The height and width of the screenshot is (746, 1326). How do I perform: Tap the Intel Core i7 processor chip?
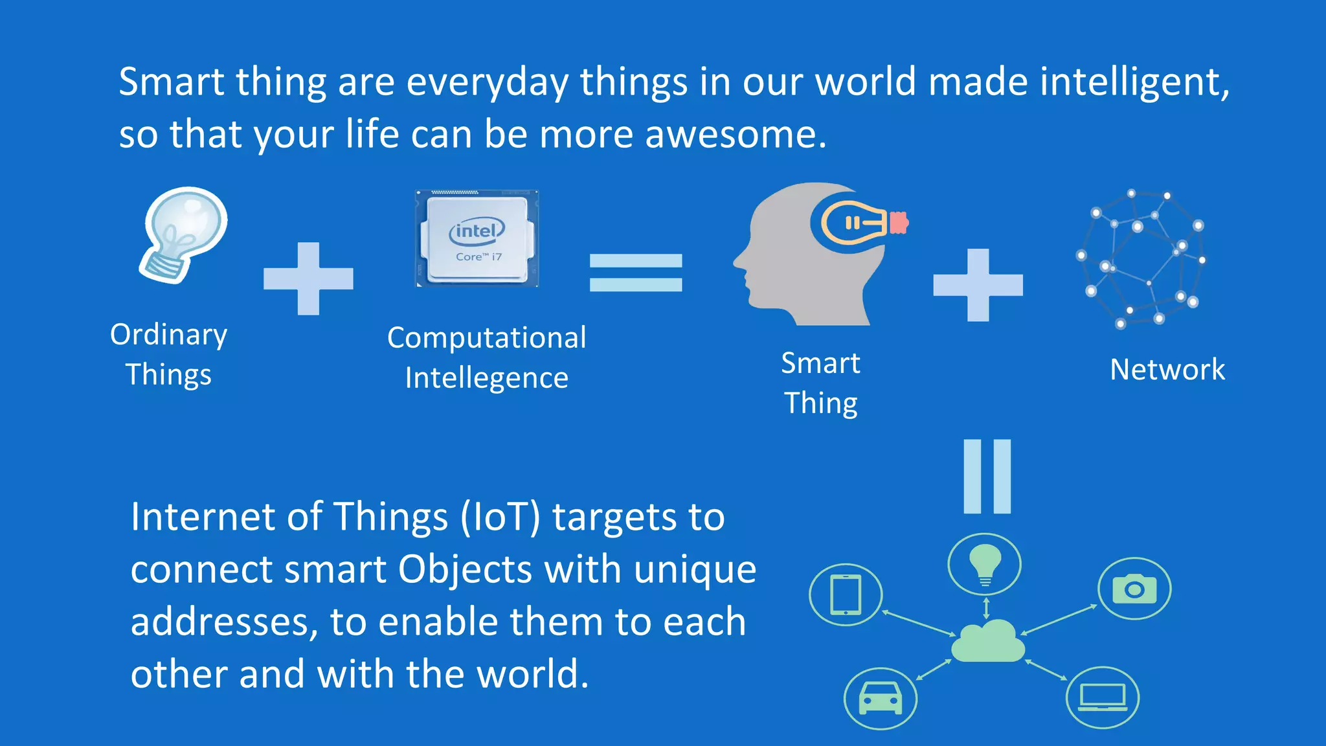477,239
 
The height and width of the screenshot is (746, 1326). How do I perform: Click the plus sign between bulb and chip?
308,278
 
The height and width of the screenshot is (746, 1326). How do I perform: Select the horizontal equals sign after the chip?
635,273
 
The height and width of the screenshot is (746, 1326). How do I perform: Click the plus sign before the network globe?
978,285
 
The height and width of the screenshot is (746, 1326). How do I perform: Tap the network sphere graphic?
1141,259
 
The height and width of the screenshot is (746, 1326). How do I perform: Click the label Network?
1167,370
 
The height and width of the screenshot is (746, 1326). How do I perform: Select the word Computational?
486,338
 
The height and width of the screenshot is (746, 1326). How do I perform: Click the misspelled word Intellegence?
486,378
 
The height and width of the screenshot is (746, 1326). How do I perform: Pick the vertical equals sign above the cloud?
987,477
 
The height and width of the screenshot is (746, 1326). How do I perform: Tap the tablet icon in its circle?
846,594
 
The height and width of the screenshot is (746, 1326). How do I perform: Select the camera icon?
1134,589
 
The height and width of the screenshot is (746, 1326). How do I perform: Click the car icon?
880,699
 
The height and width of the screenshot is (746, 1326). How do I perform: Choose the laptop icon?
1102,697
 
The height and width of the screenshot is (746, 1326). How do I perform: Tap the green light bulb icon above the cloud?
984,563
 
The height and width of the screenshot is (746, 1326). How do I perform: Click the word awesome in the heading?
735,135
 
